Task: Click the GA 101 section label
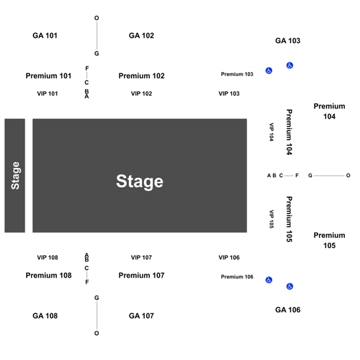[45, 36]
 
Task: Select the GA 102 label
[141, 36]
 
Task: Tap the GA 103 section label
[288, 40]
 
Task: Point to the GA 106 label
[288, 310]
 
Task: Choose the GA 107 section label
[141, 316]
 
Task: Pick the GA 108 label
[45, 316]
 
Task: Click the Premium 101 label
[49, 75]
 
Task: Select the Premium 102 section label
[141, 75]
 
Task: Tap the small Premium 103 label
[237, 74]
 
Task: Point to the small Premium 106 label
[237, 277]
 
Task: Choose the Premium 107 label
[141, 275]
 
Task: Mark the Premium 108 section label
[49, 275]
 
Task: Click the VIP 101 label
[47, 94]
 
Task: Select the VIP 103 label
[229, 94]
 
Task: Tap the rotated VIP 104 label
[272, 132]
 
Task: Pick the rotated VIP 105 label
[272, 219]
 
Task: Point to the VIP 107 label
[141, 258]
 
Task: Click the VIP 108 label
[47, 258]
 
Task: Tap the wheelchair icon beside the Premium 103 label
[269, 71]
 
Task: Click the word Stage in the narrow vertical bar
[15, 176]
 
